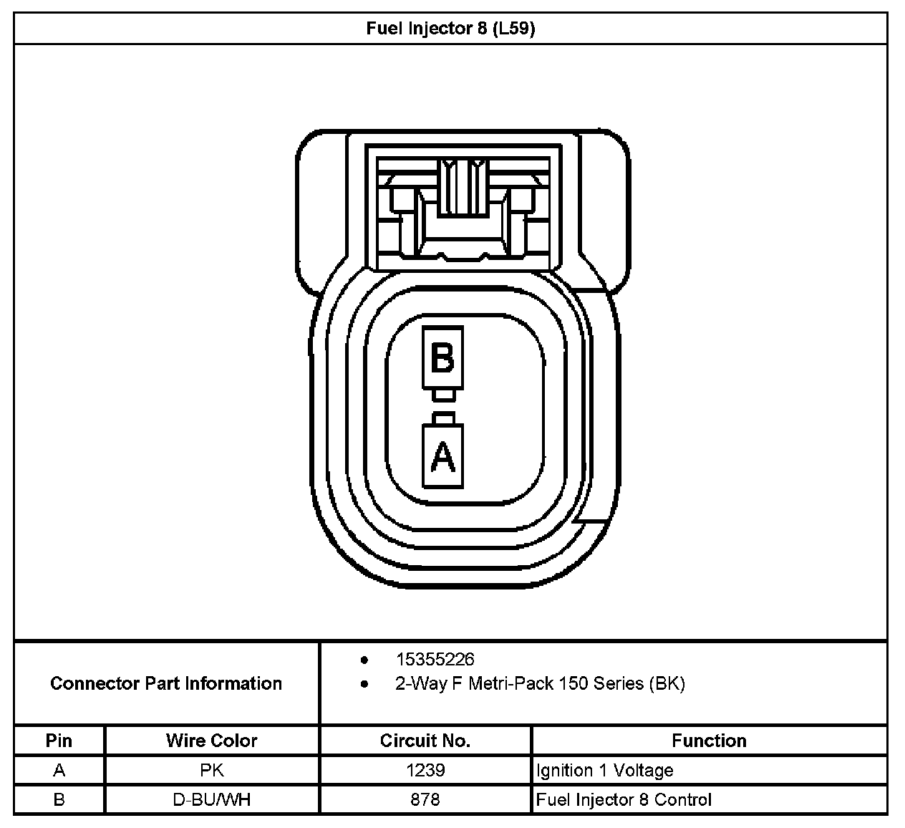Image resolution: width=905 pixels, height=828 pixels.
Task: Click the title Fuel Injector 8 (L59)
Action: point(450,29)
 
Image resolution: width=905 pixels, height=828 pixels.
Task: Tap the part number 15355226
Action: point(435,660)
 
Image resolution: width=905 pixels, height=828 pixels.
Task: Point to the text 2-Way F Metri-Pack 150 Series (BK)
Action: point(540,683)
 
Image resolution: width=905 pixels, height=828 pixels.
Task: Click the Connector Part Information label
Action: point(166,683)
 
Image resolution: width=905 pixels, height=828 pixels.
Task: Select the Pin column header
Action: point(59,741)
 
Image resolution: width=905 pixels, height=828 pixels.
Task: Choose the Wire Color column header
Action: point(211,741)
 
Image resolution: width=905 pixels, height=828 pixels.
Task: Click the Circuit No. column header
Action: point(425,741)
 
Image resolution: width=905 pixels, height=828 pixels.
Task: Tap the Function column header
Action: point(709,741)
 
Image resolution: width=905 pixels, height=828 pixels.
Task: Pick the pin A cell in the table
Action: point(59,771)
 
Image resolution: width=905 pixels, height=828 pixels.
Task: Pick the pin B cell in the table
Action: point(59,800)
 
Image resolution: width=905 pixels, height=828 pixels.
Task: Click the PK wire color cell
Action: point(211,771)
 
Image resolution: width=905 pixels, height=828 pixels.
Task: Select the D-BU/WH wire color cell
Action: point(211,800)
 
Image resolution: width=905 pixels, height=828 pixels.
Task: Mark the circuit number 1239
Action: point(425,771)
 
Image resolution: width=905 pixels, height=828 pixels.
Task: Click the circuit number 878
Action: point(425,800)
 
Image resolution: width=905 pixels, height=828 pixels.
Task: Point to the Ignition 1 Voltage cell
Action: point(604,771)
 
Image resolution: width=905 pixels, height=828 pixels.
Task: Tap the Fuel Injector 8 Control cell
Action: point(623,800)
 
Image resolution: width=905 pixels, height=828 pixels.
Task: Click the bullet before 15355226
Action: point(364,660)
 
